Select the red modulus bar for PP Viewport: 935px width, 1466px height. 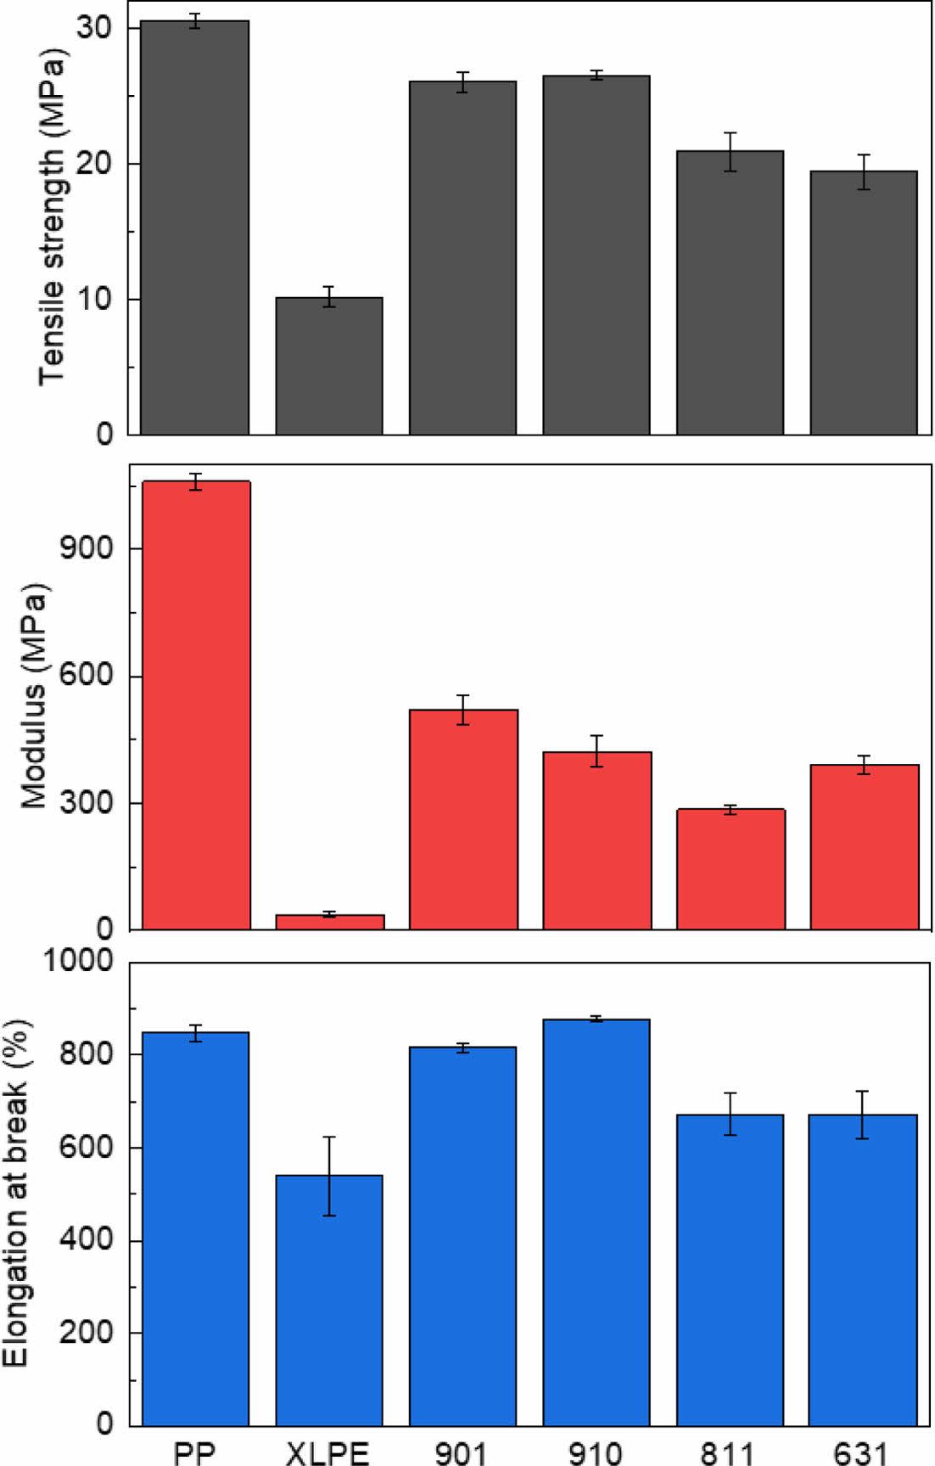(x=196, y=705)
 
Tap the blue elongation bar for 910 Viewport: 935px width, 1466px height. (x=596, y=1222)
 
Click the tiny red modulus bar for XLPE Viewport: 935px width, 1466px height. (x=330, y=922)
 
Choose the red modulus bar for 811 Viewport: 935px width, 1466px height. (x=731, y=869)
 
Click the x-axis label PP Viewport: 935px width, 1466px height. (x=194, y=1452)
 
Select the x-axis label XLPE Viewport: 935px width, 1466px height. (x=328, y=1452)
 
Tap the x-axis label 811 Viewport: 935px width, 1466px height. (x=728, y=1452)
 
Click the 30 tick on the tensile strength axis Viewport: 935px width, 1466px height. (x=94, y=27)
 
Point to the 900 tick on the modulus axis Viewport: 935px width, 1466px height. (x=87, y=548)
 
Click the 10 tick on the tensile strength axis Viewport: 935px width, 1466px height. (x=94, y=299)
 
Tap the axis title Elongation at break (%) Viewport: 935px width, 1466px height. (x=15, y=1193)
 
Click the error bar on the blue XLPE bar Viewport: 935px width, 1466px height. (x=329, y=1176)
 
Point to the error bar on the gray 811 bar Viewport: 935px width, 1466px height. (x=731, y=152)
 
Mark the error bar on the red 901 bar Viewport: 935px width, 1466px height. (x=463, y=710)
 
